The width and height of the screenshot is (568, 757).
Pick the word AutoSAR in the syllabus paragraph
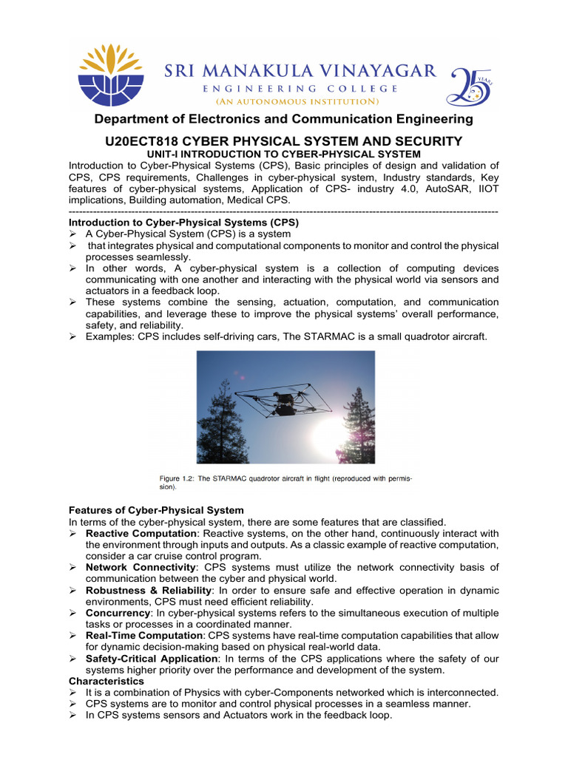tap(390, 189)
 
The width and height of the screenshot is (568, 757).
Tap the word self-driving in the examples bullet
tap(212, 336)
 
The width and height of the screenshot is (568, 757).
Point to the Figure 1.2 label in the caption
tap(180, 479)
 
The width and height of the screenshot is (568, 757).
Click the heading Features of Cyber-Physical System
tap(156, 510)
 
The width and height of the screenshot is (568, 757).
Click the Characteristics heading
tap(106, 680)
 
